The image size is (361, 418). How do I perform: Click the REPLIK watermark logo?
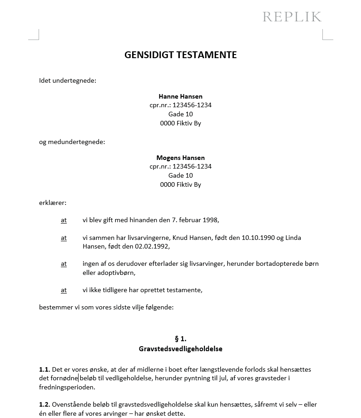point(292,17)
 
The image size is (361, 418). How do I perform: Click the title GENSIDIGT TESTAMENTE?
point(181,55)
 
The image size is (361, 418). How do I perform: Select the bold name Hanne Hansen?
point(180,96)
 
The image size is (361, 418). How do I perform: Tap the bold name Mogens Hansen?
point(180,158)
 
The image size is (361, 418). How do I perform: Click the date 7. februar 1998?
point(194,220)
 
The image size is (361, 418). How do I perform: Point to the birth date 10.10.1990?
point(258,238)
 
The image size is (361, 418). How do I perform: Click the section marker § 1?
point(180,338)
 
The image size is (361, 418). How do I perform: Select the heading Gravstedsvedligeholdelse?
point(180,349)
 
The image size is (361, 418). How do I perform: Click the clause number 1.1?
point(44,369)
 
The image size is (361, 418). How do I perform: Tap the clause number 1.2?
point(44,404)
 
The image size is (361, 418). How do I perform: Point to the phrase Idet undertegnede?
point(68,81)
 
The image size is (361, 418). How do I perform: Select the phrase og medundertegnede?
point(72,142)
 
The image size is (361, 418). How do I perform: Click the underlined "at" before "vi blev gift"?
point(64,220)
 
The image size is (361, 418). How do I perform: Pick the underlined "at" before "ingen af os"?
point(64,264)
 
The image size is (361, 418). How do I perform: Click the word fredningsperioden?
point(67,387)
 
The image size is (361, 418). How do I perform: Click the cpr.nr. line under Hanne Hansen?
point(180,105)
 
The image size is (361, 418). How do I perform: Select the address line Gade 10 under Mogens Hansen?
point(180,175)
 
